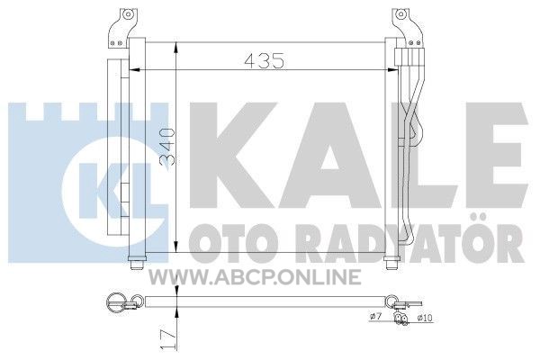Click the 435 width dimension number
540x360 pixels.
coord(264,60)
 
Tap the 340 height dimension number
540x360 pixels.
coord(167,148)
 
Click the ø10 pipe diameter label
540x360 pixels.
coord(425,318)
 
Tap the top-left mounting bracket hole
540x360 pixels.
coord(128,14)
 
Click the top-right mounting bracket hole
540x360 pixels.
coord(400,14)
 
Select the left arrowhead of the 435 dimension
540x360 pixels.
coord(134,70)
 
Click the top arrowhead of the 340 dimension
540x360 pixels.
coord(176,48)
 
